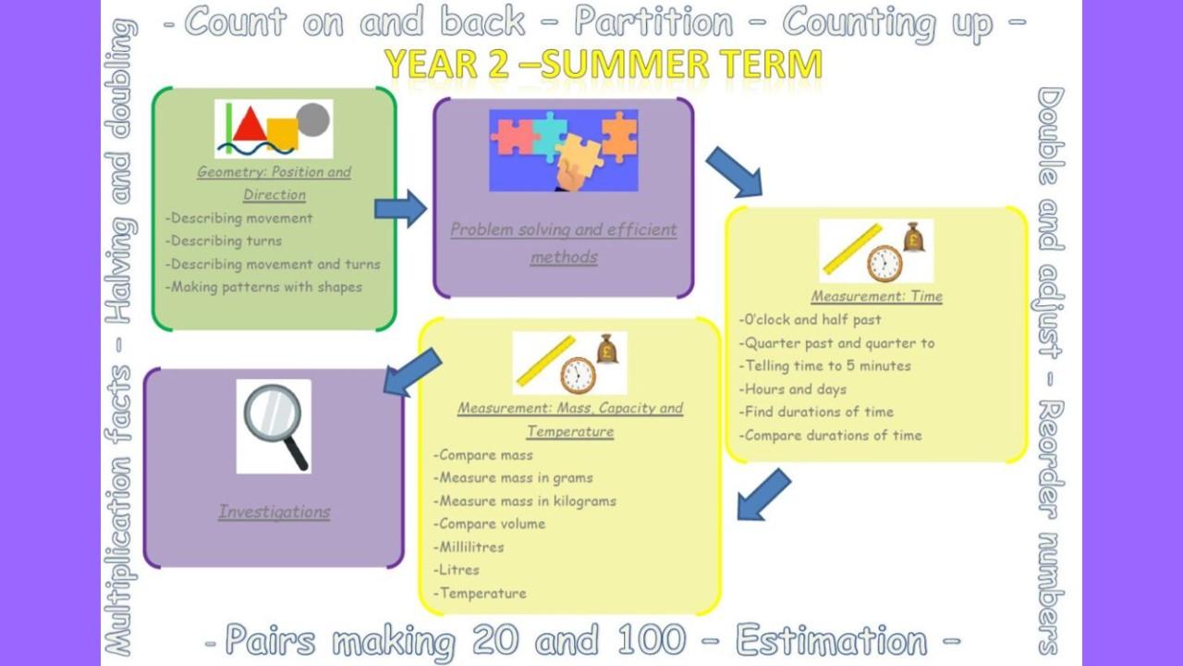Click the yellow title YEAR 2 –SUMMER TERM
(604, 64)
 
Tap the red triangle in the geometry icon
(250, 125)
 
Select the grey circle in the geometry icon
(313, 119)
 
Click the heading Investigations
(274, 512)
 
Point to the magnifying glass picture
(274, 426)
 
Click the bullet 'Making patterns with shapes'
(264, 287)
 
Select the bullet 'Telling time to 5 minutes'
(825, 365)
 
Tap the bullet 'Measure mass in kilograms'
(525, 501)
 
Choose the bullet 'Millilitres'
(469, 547)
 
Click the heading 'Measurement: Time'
(877, 297)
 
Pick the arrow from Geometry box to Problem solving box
(400, 209)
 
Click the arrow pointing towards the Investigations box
(412, 372)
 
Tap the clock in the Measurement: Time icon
(884, 264)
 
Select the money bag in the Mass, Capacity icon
(607, 349)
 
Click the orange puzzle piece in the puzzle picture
(620, 136)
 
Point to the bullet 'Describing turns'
(224, 241)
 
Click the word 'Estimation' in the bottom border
(831, 639)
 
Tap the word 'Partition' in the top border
(653, 22)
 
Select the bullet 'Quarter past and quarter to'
(836, 343)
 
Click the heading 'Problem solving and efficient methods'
(564, 243)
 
